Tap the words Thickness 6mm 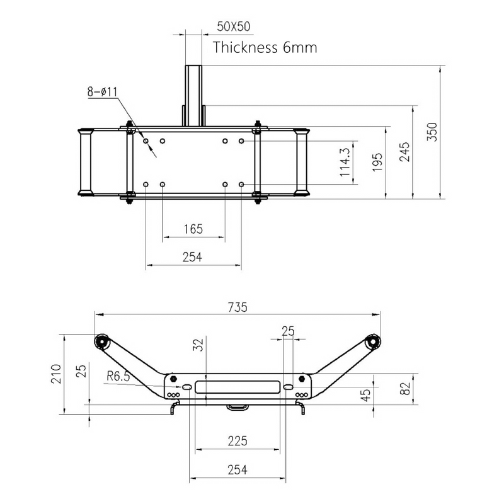point(265,47)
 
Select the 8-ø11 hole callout point(103,92)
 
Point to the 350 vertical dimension point(432,131)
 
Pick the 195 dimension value point(377,162)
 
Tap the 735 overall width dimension point(237,307)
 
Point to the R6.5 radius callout point(118,377)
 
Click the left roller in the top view point(84,162)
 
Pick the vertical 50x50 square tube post point(193,94)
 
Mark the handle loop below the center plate point(237,408)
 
